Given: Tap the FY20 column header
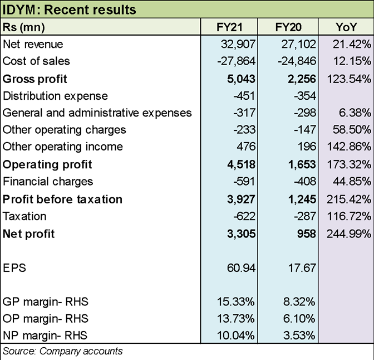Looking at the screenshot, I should coord(288,27).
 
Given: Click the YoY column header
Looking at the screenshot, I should coord(345,27).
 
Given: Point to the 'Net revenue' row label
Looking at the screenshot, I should coord(33,44).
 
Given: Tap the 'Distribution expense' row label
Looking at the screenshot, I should coord(55,96).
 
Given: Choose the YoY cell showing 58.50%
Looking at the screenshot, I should coord(352,130).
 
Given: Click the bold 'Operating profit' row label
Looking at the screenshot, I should coord(47,164).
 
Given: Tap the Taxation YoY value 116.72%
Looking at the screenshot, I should coord(350,216).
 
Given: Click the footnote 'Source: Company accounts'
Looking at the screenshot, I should coord(62,351).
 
